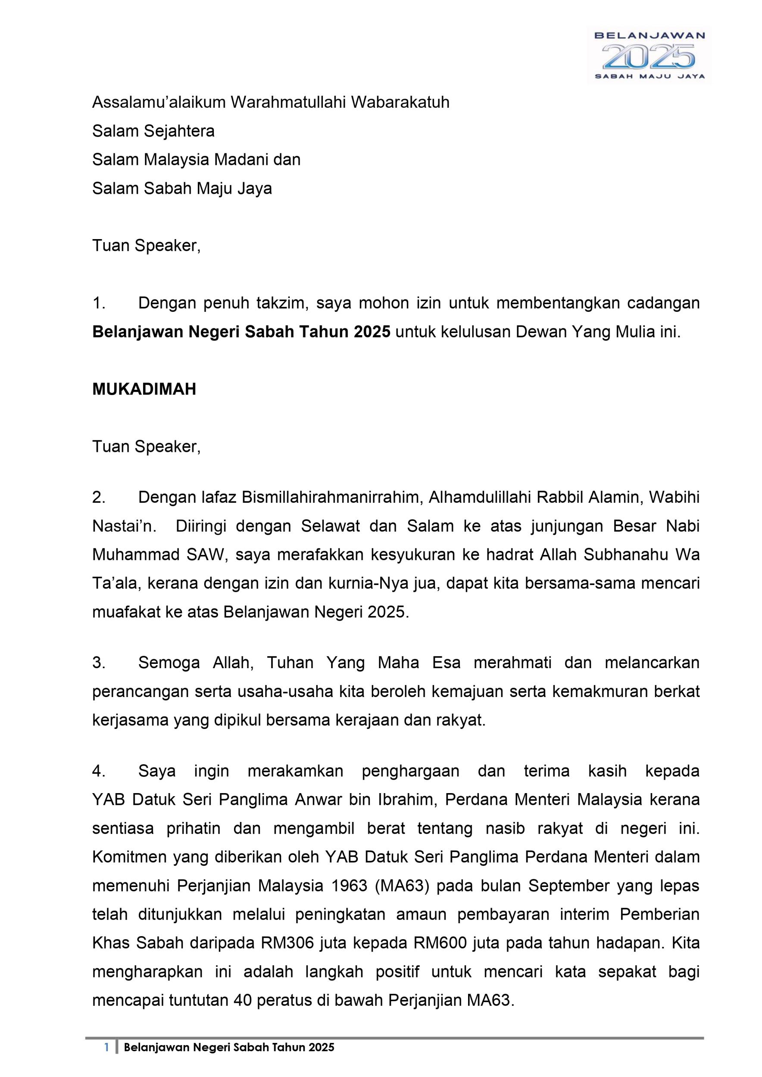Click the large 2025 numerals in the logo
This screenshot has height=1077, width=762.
[649, 57]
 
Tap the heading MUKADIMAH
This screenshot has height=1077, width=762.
[144, 389]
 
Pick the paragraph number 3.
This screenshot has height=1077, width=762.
[99, 663]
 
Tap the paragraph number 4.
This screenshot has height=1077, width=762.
[99, 771]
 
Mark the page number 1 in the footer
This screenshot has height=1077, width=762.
[106, 1061]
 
